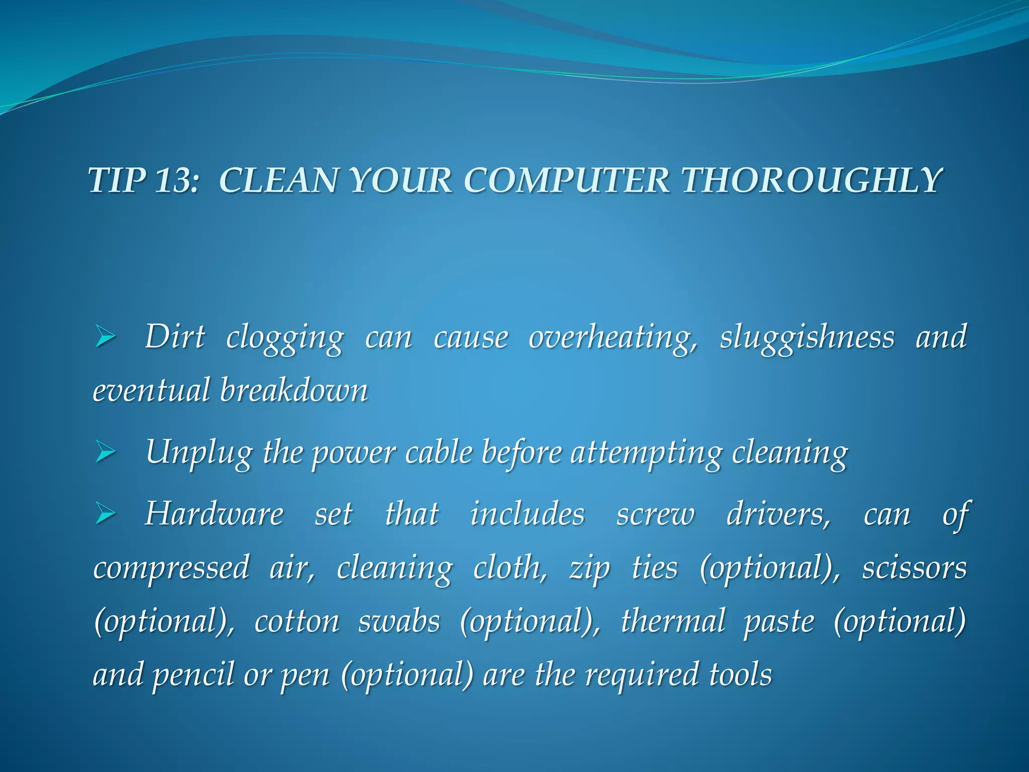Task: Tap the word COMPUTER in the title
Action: [x=567, y=180]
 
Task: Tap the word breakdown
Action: [x=294, y=391]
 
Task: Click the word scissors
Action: [x=914, y=568]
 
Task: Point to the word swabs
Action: [x=399, y=621]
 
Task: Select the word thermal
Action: [x=673, y=621]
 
